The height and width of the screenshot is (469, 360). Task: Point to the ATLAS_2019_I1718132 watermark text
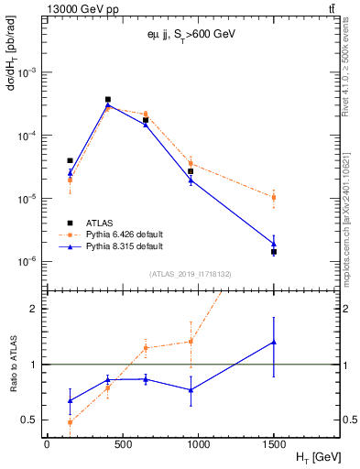[x=183, y=273]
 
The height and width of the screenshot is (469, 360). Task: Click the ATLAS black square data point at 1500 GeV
[x=274, y=252]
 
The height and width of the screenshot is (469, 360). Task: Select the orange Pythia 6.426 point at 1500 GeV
[x=274, y=197]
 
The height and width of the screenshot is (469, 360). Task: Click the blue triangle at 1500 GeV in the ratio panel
[x=274, y=342]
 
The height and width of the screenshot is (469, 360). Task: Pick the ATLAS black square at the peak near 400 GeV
[x=107, y=99]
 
